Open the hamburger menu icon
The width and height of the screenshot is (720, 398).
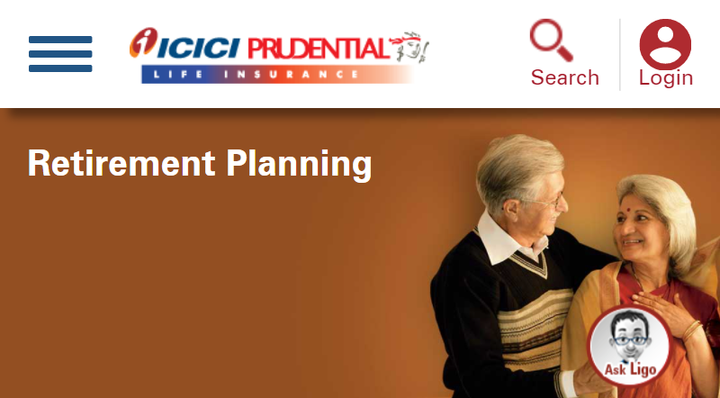pyautogui.click(x=60, y=54)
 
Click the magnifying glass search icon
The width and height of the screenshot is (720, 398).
pyautogui.click(x=551, y=41)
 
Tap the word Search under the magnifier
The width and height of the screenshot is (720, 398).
pyautogui.click(x=564, y=77)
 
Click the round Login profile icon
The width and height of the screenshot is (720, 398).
pyautogui.click(x=665, y=42)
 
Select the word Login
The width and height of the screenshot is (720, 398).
pyautogui.click(x=665, y=77)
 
